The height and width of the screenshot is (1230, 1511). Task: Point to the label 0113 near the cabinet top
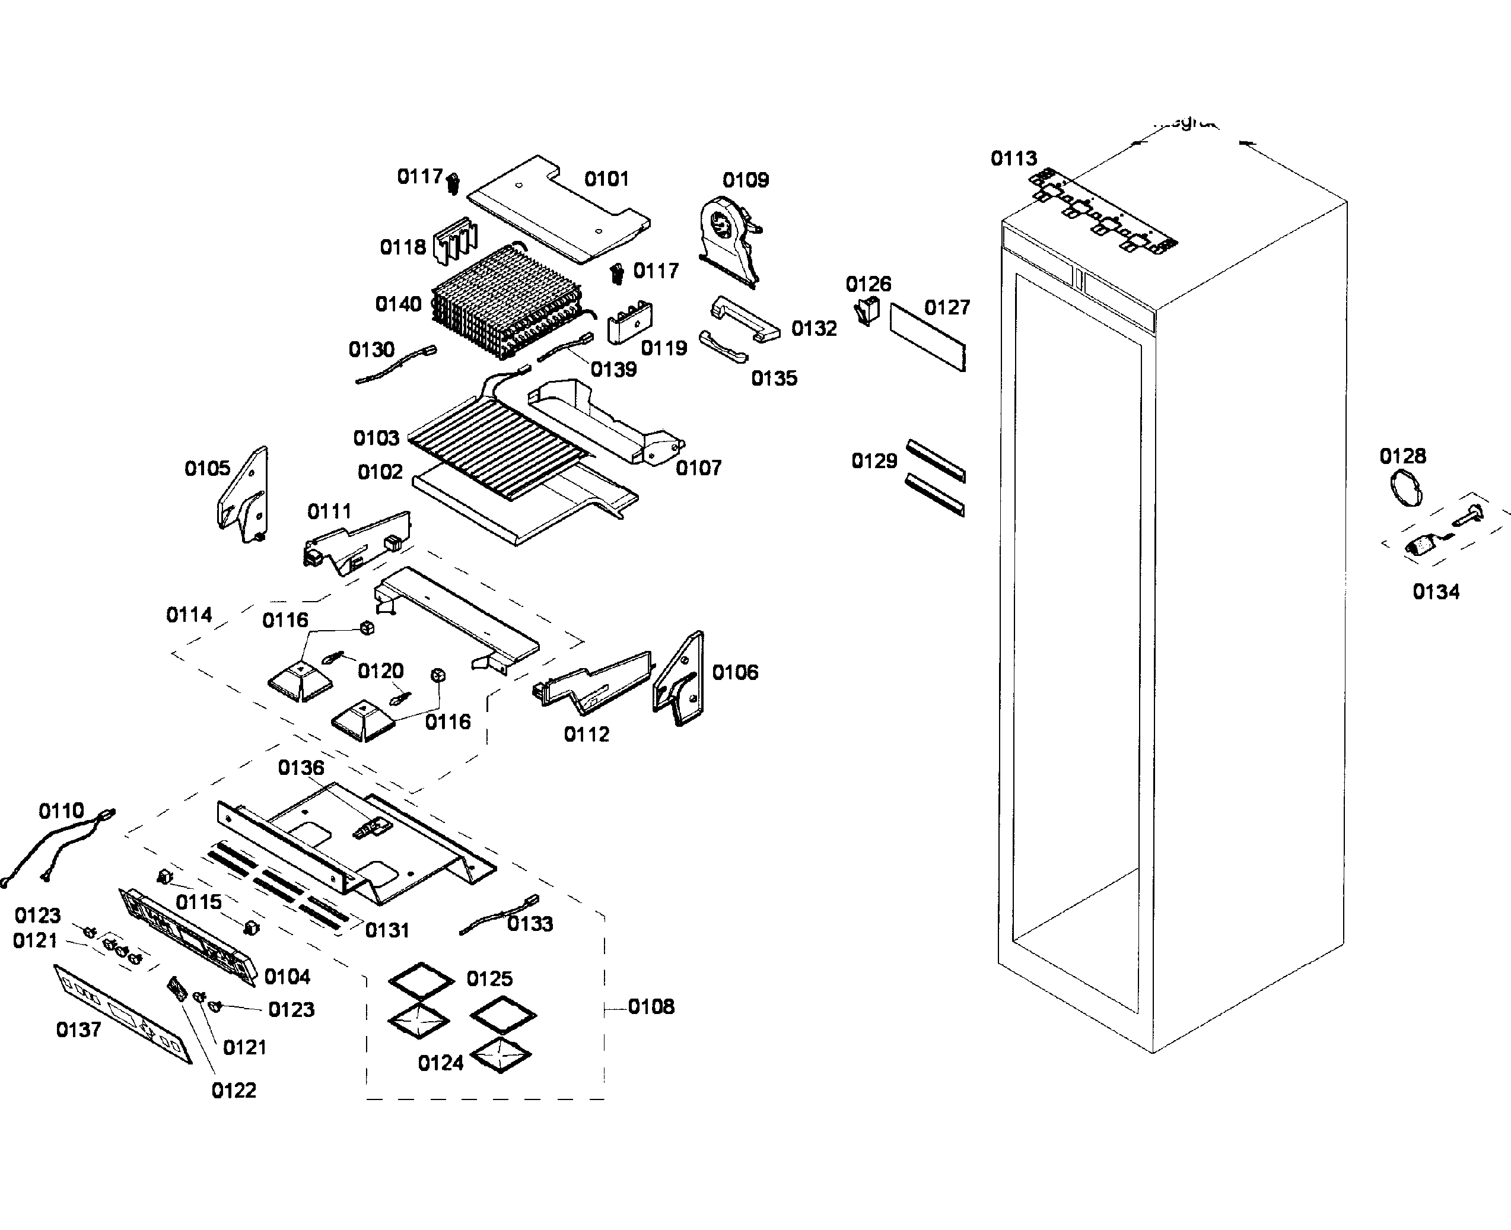(1013, 158)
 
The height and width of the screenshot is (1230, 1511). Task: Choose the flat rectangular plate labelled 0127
(928, 337)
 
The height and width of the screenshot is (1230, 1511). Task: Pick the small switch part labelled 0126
(866, 310)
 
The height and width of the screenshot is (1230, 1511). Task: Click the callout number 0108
(651, 1006)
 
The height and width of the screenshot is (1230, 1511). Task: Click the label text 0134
(1435, 592)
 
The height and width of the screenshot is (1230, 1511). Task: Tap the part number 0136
(300, 767)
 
